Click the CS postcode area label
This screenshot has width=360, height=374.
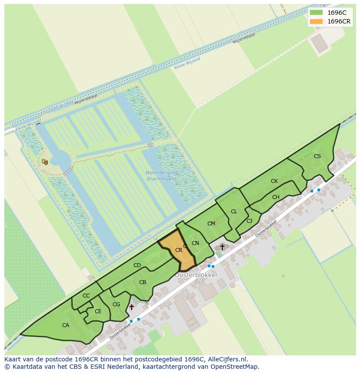[x=317, y=156]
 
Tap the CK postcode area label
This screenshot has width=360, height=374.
[x=274, y=181]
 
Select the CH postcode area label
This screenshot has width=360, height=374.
[x=276, y=197]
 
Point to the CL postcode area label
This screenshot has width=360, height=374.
[x=234, y=212]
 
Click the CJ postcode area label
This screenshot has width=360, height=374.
[x=249, y=221]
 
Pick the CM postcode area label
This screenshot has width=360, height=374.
[x=211, y=224]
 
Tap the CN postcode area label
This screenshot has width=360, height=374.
[x=195, y=243]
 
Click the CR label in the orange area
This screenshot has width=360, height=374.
[x=179, y=250]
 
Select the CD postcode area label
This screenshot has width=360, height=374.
[x=137, y=265]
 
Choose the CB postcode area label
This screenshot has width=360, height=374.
[x=143, y=282]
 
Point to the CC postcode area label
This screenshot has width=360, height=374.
[x=86, y=296]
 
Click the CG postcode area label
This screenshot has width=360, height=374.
[x=116, y=304]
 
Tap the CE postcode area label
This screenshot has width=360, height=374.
[x=98, y=311]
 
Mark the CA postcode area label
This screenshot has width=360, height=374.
[x=66, y=325]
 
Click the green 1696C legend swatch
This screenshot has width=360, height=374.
[x=316, y=13]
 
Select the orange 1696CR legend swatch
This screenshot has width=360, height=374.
[x=316, y=21]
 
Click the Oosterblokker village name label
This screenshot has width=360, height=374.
[x=196, y=275]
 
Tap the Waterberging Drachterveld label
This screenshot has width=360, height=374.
[x=161, y=176]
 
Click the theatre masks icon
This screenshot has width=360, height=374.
[x=45, y=162]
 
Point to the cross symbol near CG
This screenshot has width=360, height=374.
[x=131, y=307]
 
